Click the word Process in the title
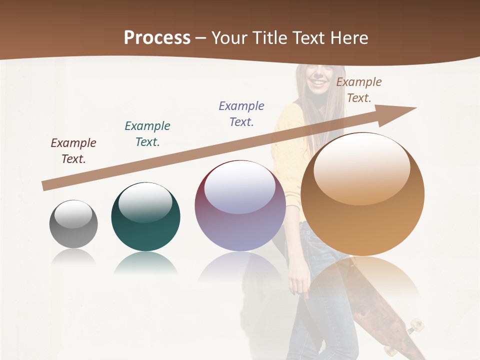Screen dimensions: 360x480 pyautogui.click(x=157, y=38)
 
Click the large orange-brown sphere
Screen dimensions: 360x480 pyautogui.click(x=362, y=200)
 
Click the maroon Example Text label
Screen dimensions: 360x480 pyautogui.click(x=73, y=151)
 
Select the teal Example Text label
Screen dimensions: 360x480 pyautogui.click(x=147, y=134)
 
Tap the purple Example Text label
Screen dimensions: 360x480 pyautogui.click(x=241, y=114)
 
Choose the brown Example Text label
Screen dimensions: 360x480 pyautogui.click(x=359, y=90)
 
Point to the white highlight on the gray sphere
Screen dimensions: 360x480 pyautogui.click(x=73, y=214)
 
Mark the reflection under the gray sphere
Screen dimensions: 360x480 pyautogui.click(x=73, y=257)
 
